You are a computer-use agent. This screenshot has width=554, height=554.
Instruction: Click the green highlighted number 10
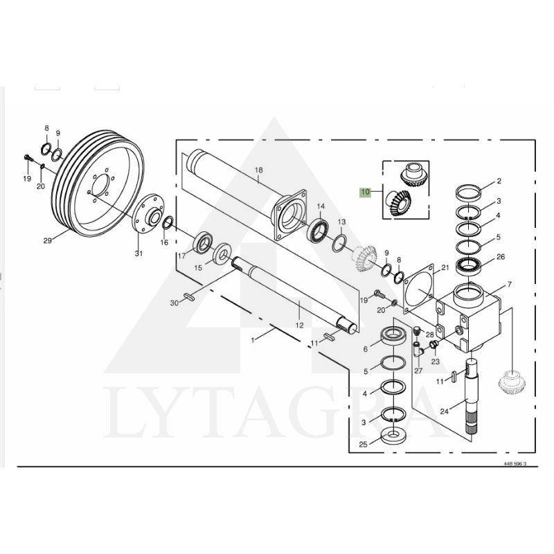(366, 193)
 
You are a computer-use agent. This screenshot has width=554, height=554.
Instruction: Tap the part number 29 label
(47, 240)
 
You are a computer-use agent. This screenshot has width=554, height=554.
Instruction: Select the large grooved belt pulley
(98, 184)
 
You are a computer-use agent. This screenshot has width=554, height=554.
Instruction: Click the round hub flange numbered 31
(148, 213)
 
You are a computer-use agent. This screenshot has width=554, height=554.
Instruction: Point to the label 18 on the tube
(259, 170)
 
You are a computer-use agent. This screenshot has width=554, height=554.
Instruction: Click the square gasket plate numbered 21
(420, 290)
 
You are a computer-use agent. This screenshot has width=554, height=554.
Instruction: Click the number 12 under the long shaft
(299, 325)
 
